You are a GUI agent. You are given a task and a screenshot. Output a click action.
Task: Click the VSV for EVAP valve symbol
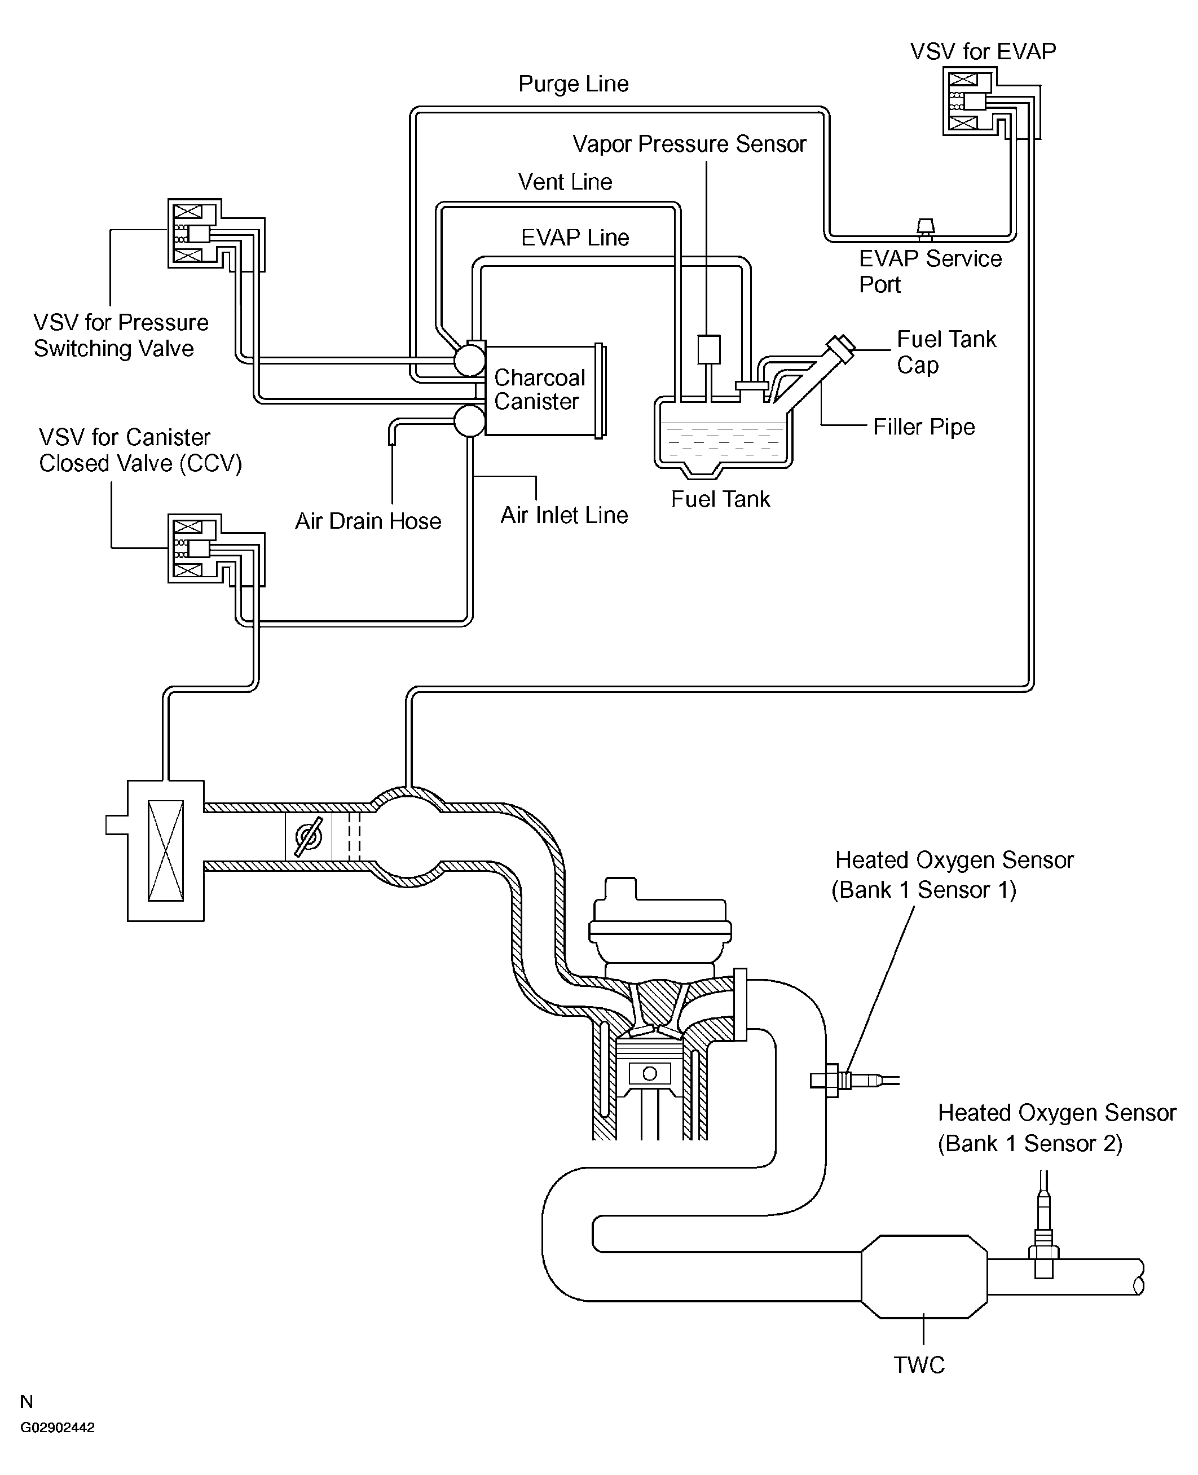(969, 102)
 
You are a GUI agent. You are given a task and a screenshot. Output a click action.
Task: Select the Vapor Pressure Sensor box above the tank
(709, 349)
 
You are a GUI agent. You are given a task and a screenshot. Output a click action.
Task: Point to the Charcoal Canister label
(540, 389)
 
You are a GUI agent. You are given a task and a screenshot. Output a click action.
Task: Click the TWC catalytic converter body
(924, 1276)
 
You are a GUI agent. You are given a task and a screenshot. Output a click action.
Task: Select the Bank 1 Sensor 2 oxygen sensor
(1044, 1231)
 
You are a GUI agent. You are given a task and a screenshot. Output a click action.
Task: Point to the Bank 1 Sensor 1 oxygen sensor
(853, 1080)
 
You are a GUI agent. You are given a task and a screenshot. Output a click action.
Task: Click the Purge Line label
(574, 84)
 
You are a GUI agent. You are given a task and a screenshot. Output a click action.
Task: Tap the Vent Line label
(565, 182)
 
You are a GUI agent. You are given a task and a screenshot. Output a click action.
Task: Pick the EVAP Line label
(575, 238)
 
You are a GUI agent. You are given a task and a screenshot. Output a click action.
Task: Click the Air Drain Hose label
(368, 520)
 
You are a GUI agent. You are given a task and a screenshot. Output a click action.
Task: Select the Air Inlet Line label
(564, 515)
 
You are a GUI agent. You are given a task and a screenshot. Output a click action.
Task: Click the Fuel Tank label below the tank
(720, 499)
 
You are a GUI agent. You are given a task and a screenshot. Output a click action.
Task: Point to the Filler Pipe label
(924, 427)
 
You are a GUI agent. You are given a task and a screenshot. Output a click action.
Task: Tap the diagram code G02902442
(58, 1428)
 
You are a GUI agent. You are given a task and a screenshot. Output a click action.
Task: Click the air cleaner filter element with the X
(166, 850)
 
